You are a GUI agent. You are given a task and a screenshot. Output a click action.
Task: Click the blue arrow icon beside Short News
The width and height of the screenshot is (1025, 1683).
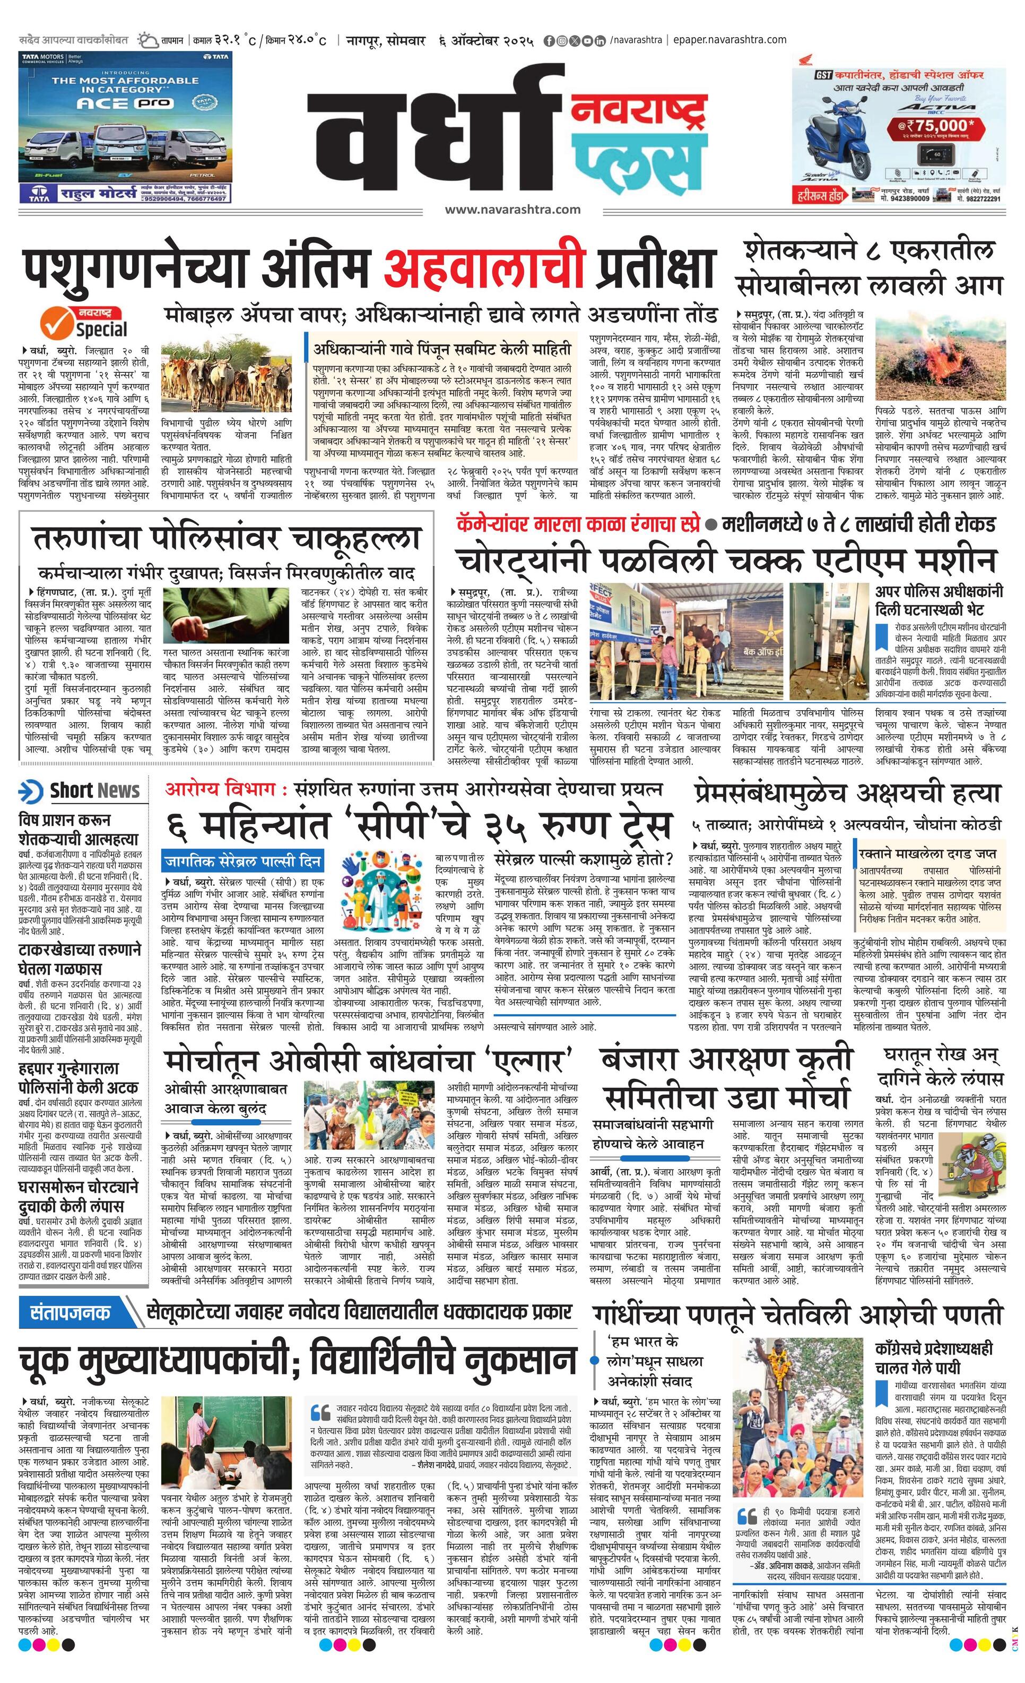coord(31,791)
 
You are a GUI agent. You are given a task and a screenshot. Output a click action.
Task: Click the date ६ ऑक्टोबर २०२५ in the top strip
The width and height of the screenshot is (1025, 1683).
coord(487,40)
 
